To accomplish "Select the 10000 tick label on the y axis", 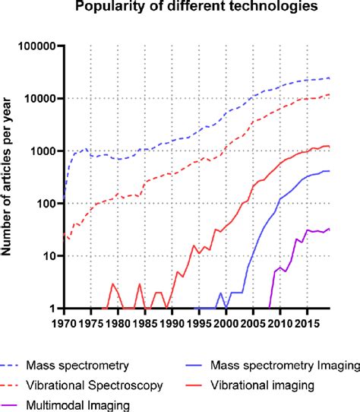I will (41, 99).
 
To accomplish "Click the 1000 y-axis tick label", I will (44, 151).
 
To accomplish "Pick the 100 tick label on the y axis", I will (47, 204).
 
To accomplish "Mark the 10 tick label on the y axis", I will (50, 256).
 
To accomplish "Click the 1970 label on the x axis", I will (64, 324).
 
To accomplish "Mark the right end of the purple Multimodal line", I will (329, 228).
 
